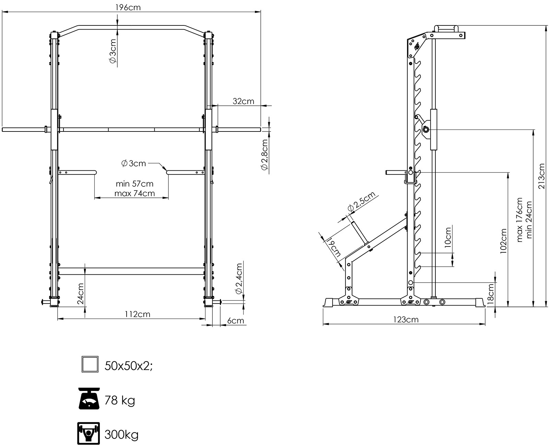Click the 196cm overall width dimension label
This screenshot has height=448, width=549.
coord(128,8)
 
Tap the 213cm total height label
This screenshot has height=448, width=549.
coord(541,176)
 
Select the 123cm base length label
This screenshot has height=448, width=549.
coord(406,319)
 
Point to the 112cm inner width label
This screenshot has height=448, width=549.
coord(138,314)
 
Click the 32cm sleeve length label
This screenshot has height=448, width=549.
coord(243,101)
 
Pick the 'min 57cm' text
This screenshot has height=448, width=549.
coord(135,184)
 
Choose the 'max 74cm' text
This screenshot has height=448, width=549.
coord(135,193)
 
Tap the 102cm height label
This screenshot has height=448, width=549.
coord(503,241)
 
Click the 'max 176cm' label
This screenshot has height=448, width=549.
coord(519,220)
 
